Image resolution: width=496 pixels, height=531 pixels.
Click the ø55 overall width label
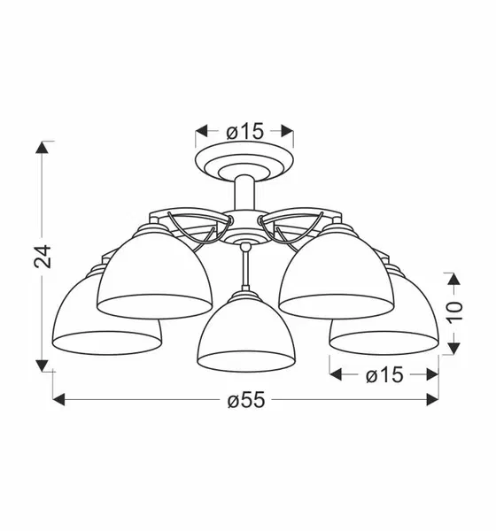(245, 400)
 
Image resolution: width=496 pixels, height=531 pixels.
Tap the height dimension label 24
(43, 257)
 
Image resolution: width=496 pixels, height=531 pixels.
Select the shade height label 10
(454, 312)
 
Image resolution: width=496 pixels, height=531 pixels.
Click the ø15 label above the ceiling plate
(244, 131)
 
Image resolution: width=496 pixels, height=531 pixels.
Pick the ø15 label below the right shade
(384, 375)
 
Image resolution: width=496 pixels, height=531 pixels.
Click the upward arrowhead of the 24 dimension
(42, 147)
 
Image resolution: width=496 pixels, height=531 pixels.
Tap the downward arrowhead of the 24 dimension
(42, 366)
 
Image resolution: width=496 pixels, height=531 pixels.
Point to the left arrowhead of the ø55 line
(59, 400)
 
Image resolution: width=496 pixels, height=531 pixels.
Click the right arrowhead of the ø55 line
(432, 400)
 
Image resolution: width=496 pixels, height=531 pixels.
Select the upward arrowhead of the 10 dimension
(454, 279)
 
